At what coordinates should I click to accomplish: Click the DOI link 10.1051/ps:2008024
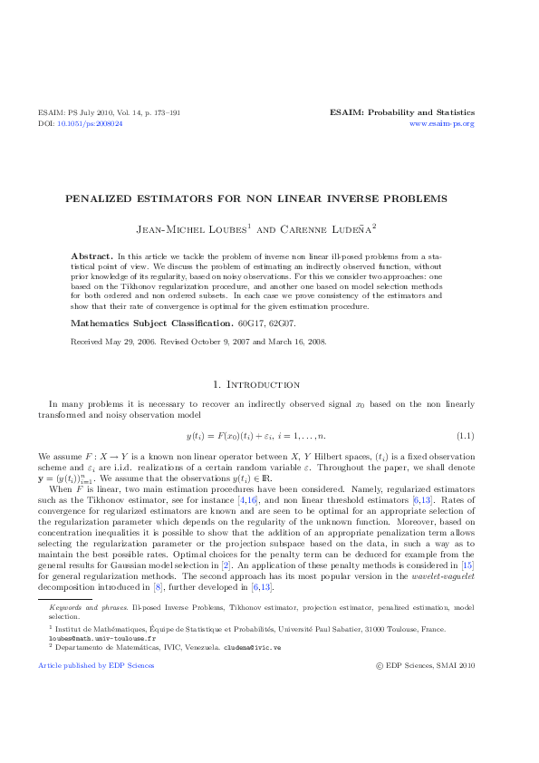coord(90,123)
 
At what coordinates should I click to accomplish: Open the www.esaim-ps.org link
coord(442,123)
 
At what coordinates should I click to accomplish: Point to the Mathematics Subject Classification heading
coord(152,322)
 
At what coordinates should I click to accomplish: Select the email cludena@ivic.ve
coord(252,647)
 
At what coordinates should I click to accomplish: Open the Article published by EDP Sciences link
coord(96,666)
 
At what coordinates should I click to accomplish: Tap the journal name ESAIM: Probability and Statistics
coord(401,113)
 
